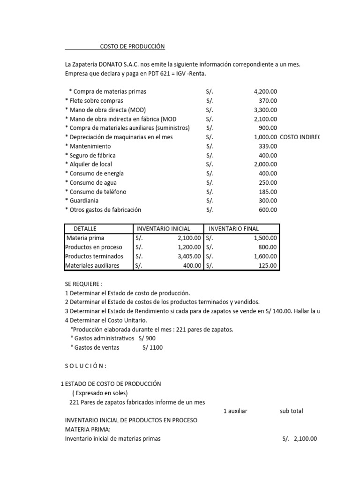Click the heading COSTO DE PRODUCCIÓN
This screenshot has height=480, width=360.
[133, 47]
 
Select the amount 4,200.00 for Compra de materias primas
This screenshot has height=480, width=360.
[265, 91]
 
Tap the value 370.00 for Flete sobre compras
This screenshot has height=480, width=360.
[268, 100]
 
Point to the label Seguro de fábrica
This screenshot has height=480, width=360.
[92, 155]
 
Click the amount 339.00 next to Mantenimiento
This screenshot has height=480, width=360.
[268, 146]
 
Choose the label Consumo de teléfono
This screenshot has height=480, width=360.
[97, 192]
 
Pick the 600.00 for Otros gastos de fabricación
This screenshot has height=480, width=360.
[268, 210]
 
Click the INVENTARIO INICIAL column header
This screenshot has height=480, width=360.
[163, 229]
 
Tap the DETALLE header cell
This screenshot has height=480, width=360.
[85, 229]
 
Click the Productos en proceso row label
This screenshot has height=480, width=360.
[94, 247]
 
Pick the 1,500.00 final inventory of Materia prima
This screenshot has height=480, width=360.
[265, 238]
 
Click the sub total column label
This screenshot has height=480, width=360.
[291, 411]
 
